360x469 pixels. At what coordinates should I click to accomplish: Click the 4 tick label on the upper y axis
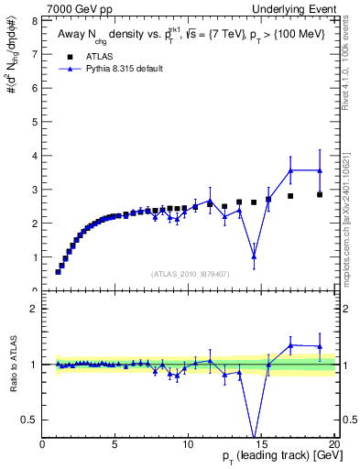(x=35, y=155)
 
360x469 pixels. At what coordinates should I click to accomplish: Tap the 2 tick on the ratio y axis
(x=35, y=309)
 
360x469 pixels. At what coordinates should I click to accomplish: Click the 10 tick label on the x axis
(x=188, y=445)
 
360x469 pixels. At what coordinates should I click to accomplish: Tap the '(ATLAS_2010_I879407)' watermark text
(x=190, y=273)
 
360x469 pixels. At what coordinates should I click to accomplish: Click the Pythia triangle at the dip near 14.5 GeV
(x=254, y=256)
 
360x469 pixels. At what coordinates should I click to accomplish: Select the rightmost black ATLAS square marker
(x=320, y=194)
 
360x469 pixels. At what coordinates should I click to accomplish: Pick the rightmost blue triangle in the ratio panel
(x=320, y=346)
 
